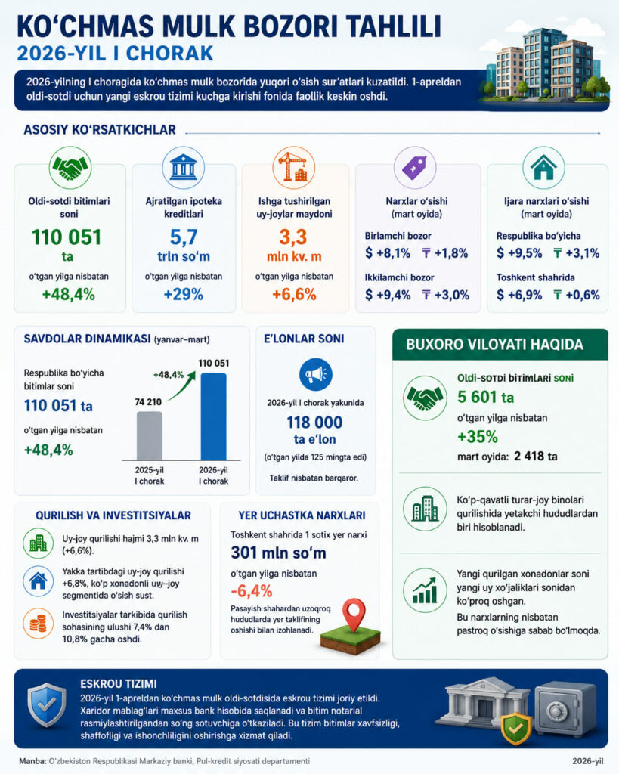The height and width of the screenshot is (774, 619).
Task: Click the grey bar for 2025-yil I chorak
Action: (x=149, y=436)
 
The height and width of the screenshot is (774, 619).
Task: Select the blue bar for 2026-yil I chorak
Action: (x=213, y=416)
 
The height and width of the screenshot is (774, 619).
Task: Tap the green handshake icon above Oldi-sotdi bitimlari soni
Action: (x=70, y=167)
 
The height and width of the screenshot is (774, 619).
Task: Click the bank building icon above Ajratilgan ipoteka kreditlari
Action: (x=183, y=167)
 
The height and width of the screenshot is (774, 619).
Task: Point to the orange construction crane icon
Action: (x=294, y=167)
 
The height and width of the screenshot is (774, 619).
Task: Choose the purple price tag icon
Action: (x=415, y=167)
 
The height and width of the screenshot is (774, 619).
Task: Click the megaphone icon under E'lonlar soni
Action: (x=315, y=375)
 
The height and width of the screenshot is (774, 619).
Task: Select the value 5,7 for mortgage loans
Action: (x=184, y=237)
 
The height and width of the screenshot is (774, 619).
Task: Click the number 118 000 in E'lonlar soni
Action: (x=314, y=423)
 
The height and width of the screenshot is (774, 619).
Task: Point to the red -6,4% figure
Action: (x=251, y=591)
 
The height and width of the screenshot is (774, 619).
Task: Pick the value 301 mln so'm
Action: (x=278, y=553)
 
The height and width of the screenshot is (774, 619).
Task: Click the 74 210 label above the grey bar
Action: (x=148, y=402)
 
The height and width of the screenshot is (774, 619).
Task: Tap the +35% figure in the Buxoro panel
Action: (x=478, y=437)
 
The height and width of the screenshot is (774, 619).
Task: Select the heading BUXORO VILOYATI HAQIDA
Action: (x=494, y=345)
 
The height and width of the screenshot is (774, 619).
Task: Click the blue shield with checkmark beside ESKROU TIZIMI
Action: (x=47, y=704)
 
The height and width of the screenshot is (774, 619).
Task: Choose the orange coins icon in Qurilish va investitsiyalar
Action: (x=38, y=624)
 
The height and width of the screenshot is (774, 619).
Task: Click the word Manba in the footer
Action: (x=32, y=761)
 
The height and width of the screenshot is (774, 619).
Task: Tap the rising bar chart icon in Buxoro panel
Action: (x=425, y=591)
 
